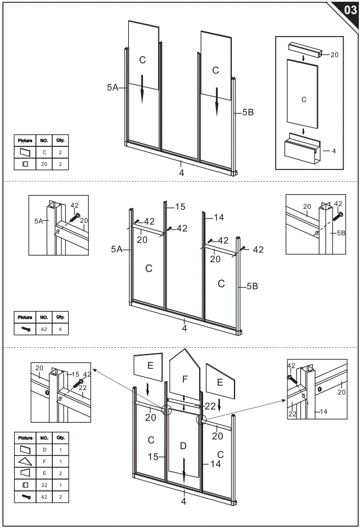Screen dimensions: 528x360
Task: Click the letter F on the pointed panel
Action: pyautogui.click(x=184, y=379)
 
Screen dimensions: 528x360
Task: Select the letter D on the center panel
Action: pyautogui.click(x=182, y=446)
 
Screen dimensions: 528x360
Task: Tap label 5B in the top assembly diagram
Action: pyautogui.click(x=247, y=113)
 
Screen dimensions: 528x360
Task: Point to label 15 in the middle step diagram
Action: pyautogui.click(x=179, y=207)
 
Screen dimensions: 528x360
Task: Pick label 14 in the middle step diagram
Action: pyautogui.click(x=219, y=217)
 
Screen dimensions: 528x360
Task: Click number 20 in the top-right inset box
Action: pyautogui.click(x=334, y=55)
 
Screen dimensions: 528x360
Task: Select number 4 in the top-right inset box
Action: pyautogui.click(x=334, y=151)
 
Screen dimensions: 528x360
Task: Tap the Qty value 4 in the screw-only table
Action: pyautogui.click(x=60, y=329)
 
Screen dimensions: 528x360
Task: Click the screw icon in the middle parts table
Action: pyautogui.click(x=25, y=329)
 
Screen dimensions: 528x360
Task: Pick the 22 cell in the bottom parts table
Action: pyautogui.click(x=44, y=485)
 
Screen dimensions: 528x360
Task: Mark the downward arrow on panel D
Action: pyautogui.click(x=183, y=472)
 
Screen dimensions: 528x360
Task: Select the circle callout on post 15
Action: pyautogui.click(x=167, y=410)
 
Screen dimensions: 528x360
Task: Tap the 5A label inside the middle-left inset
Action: pyautogui.click(x=38, y=221)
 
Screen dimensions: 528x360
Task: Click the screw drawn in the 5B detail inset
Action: pyautogui.click(x=337, y=214)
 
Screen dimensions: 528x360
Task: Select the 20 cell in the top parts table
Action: pyautogui.click(x=44, y=164)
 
